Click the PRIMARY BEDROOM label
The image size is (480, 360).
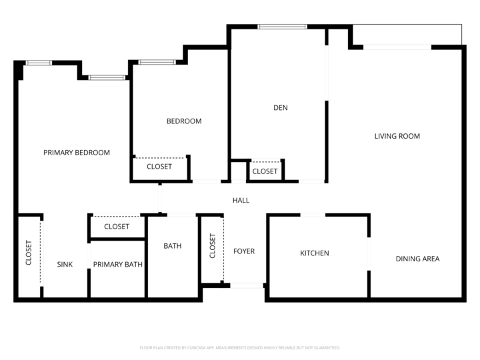[x=77, y=153]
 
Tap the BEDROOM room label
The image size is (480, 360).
[x=184, y=121]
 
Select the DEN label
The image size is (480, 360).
[x=281, y=108]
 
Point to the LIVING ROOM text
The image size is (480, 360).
[x=397, y=136]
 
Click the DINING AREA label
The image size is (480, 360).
[x=417, y=259]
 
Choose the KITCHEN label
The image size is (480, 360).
[x=314, y=253]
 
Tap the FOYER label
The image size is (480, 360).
[x=244, y=251]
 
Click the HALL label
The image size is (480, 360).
[x=241, y=200]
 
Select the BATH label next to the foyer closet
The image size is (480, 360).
[x=173, y=246]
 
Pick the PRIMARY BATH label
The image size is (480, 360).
[x=117, y=265]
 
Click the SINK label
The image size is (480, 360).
[x=65, y=265]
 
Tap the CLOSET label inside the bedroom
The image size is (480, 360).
[x=159, y=167]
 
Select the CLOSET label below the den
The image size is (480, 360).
[x=265, y=171]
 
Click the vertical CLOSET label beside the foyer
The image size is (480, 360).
[x=213, y=246]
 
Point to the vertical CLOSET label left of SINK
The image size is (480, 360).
[x=29, y=253]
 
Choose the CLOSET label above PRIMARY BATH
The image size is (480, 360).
[x=117, y=227]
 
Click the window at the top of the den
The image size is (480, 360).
[x=282, y=27]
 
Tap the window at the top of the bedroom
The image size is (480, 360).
[x=157, y=63]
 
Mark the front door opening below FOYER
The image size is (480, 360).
[x=247, y=285]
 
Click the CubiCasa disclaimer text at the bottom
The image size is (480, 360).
[x=240, y=347]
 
